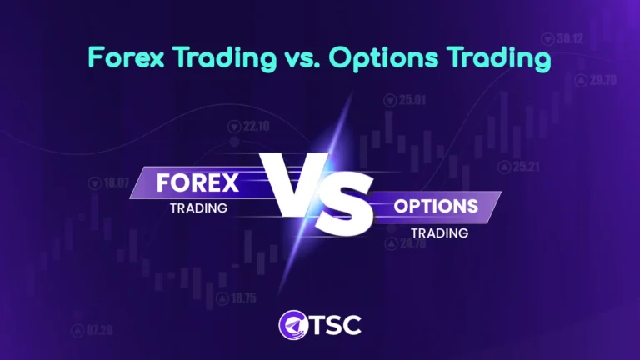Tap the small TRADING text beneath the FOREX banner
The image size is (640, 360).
tap(198, 207)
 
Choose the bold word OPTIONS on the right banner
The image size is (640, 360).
tap(436, 206)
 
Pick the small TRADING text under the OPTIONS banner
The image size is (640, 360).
tap(439, 233)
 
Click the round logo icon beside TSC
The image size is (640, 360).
tap(289, 324)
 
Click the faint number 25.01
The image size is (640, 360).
tap(412, 100)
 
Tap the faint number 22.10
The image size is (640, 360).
tap(256, 127)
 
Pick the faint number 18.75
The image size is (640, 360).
tap(243, 297)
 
